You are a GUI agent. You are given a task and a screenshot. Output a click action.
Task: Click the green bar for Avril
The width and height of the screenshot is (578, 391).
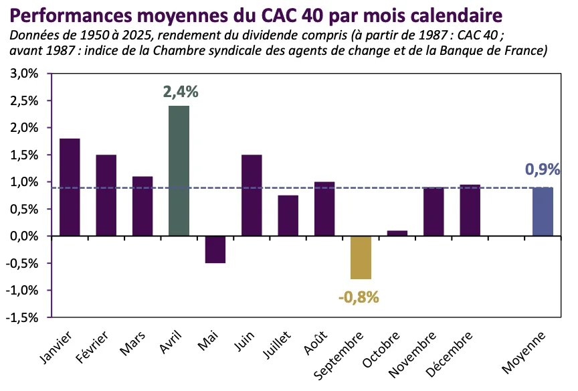point(179,171)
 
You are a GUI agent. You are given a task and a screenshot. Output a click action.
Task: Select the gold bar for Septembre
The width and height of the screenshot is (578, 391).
point(361,257)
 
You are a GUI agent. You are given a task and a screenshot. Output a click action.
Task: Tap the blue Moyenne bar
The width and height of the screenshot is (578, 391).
point(543,212)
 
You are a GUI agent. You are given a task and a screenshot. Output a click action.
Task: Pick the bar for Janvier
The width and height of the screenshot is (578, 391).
point(70,187)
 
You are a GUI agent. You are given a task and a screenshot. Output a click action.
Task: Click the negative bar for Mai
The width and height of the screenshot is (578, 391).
point(215,249)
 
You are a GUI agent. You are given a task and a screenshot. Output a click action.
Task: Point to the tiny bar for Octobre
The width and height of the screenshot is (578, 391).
point(397,233)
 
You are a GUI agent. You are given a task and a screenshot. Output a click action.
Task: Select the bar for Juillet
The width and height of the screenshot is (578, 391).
point(288,216)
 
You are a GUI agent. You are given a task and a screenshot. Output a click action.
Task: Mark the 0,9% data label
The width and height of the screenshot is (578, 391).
point(542,169)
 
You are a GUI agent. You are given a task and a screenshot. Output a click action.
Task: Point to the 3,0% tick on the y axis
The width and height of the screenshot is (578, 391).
point(24,74)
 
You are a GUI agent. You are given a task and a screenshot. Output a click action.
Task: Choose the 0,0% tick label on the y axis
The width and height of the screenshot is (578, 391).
point(24,236)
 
